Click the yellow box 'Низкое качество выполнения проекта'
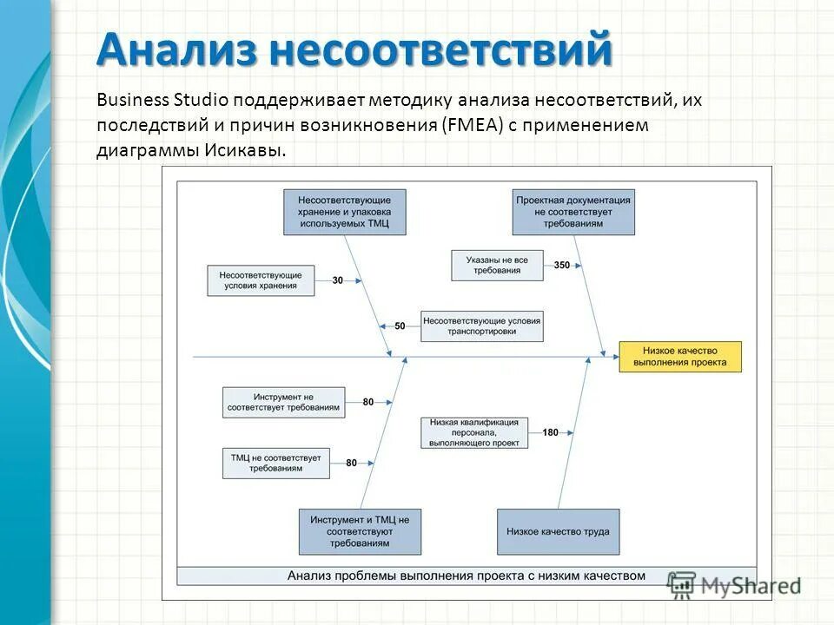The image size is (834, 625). click(x=680, y=357)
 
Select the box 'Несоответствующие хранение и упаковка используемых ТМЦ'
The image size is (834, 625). click(x=344, y=212)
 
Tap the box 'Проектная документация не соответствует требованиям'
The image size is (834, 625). click(x=573, y=212)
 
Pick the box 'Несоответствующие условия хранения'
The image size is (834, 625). click(x=261, y=280)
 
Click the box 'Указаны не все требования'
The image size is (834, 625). click(x=497, y=265)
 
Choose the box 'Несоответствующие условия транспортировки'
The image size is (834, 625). click(x=482, y=326)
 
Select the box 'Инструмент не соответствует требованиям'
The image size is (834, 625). click(x=283, y=402)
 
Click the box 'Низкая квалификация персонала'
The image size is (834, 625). click(x=474, y=432)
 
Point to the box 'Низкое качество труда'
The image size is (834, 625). click(x=559, y=531)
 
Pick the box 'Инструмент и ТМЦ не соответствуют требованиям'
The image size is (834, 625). click(x=360, y=531)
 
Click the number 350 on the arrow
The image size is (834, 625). click(x=561, y=265)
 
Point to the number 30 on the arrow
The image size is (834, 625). click(x=338, y=280)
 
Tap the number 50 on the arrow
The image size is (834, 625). click(x=400, y=326)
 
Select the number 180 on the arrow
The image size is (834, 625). click(x=551, y=432)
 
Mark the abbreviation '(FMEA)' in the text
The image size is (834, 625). click(x=467, y=125)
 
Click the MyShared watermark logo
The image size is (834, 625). click(x=735, y=584)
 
